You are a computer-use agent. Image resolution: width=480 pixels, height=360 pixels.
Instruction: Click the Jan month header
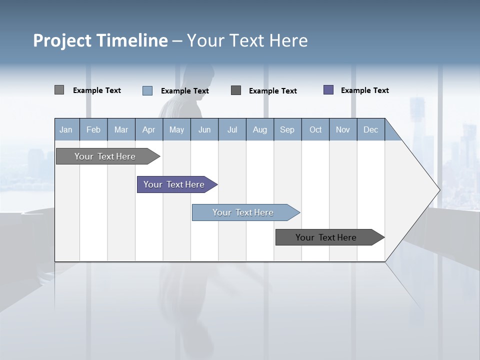(66, 129)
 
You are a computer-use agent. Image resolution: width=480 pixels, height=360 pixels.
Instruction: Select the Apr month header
(148, 129)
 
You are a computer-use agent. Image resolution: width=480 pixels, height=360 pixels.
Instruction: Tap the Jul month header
(232, 129)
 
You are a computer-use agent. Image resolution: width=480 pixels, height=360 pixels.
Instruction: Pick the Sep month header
(287, 129)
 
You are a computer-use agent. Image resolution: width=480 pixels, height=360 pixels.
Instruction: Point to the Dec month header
(370, 129)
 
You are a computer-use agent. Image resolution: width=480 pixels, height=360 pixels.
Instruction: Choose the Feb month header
(93, 129)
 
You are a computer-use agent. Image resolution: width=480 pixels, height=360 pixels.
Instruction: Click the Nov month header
(342, 129)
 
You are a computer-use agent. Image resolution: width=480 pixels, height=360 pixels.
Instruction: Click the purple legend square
(328, 90)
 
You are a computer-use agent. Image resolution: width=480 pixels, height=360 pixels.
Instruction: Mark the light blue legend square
(147, 90)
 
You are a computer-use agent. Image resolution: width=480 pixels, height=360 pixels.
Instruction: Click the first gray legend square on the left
(59, 90)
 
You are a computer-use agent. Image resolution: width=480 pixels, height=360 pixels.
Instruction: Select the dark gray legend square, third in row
(236, 90)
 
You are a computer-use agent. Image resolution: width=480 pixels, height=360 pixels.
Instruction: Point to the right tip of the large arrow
(438, 190)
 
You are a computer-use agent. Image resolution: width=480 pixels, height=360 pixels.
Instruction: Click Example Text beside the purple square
(364, 90)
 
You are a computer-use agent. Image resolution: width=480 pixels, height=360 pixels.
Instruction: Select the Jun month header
(204, 129)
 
